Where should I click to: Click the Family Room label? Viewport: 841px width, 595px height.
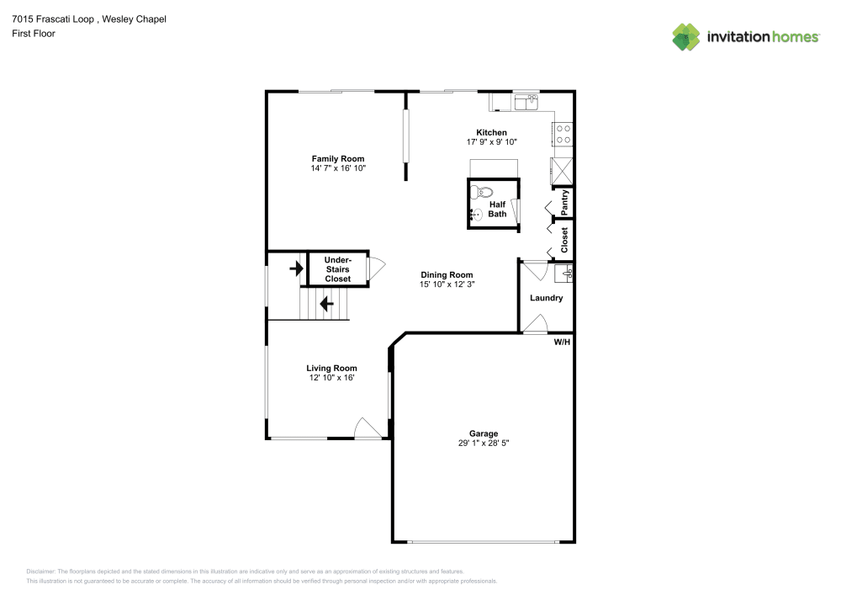coord(337,158)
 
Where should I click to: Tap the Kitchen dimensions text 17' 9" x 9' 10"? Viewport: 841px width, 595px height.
coord(491,142)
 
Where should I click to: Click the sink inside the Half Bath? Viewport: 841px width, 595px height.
coord(476,215)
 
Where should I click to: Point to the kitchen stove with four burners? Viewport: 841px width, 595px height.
coord(563,134)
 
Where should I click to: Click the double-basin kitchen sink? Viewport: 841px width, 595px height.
coord(526,101)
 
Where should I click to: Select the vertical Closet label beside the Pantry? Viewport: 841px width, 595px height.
coord(565,240)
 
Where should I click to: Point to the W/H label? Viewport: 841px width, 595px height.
coord(561,342)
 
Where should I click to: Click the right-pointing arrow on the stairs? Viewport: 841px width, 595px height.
coord(295,269)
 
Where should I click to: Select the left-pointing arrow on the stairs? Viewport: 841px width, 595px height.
coord(326,302)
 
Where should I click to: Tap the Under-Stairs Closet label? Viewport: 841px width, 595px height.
coord(337,269)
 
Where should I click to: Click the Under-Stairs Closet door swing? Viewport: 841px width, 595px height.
coord(376,268)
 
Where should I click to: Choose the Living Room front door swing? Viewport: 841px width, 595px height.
coord(367,428)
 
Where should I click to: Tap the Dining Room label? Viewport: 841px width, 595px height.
coord(447,275)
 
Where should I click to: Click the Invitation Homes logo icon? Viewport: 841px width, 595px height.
coord(686,37)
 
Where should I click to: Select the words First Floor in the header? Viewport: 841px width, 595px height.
coord(34,33)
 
